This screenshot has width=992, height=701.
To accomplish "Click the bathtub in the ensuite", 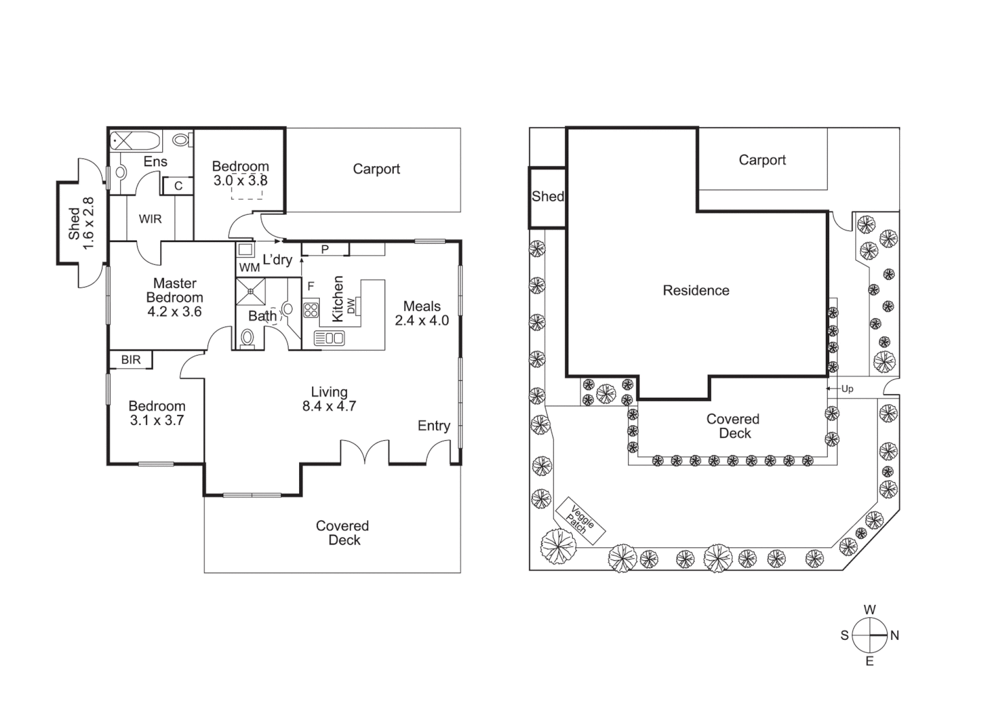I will pyautogui.click(x=135, y=140).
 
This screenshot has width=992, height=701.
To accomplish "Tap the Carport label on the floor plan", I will pyautogui.click(x=376, y=169).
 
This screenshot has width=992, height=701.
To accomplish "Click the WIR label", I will pyautogui.click(x=150, y=219).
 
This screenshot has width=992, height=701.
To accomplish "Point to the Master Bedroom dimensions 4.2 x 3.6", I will pyautogui.click(x=175, y=312).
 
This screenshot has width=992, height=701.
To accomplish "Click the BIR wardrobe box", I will pyautogui.click(x=130, y=360).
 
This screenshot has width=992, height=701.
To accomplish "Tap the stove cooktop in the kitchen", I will pyautogui.click(x=311, y=310).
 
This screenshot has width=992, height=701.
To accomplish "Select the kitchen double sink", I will pyautogui.click(x=330, y=338).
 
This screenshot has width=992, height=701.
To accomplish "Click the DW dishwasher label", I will pyautogui.click(x=351, y=305).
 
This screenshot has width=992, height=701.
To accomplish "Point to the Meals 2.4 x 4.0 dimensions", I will pyautogui.click(x=422, y=321).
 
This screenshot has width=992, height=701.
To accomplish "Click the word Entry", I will pyautogui.click(x=433, y=426).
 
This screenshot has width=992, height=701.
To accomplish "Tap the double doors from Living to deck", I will pyautogui.click(x=365, y=452).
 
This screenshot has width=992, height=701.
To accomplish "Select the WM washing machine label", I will pyautogui.click(x=249, y=267).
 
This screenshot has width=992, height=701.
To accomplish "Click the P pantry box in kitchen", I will pyautogui.click(x=325, y=249).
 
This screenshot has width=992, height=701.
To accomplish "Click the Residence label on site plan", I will pyautogui.click(x=696, y=291).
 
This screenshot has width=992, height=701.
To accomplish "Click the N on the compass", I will pyautogui.click(x=895, y=635).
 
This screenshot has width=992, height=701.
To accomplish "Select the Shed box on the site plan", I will pyautogui.click(x=548, y=197).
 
